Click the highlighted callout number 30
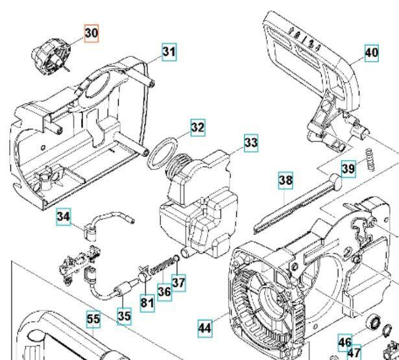pyautogui.click(x=91, y=33)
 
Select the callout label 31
pyautogui.click(x=169, y=51)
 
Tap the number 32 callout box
pyautogui.click(x=197, y=128)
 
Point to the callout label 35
pyautogui.click(x=123, y=316)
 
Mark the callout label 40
pyautogui.click(x=372, y=54)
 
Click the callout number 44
pyautogui.click(x=205, y=329)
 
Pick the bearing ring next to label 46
pyautogui.click(x=374, y=322)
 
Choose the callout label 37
pyautogui.click(x=178, y=283)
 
